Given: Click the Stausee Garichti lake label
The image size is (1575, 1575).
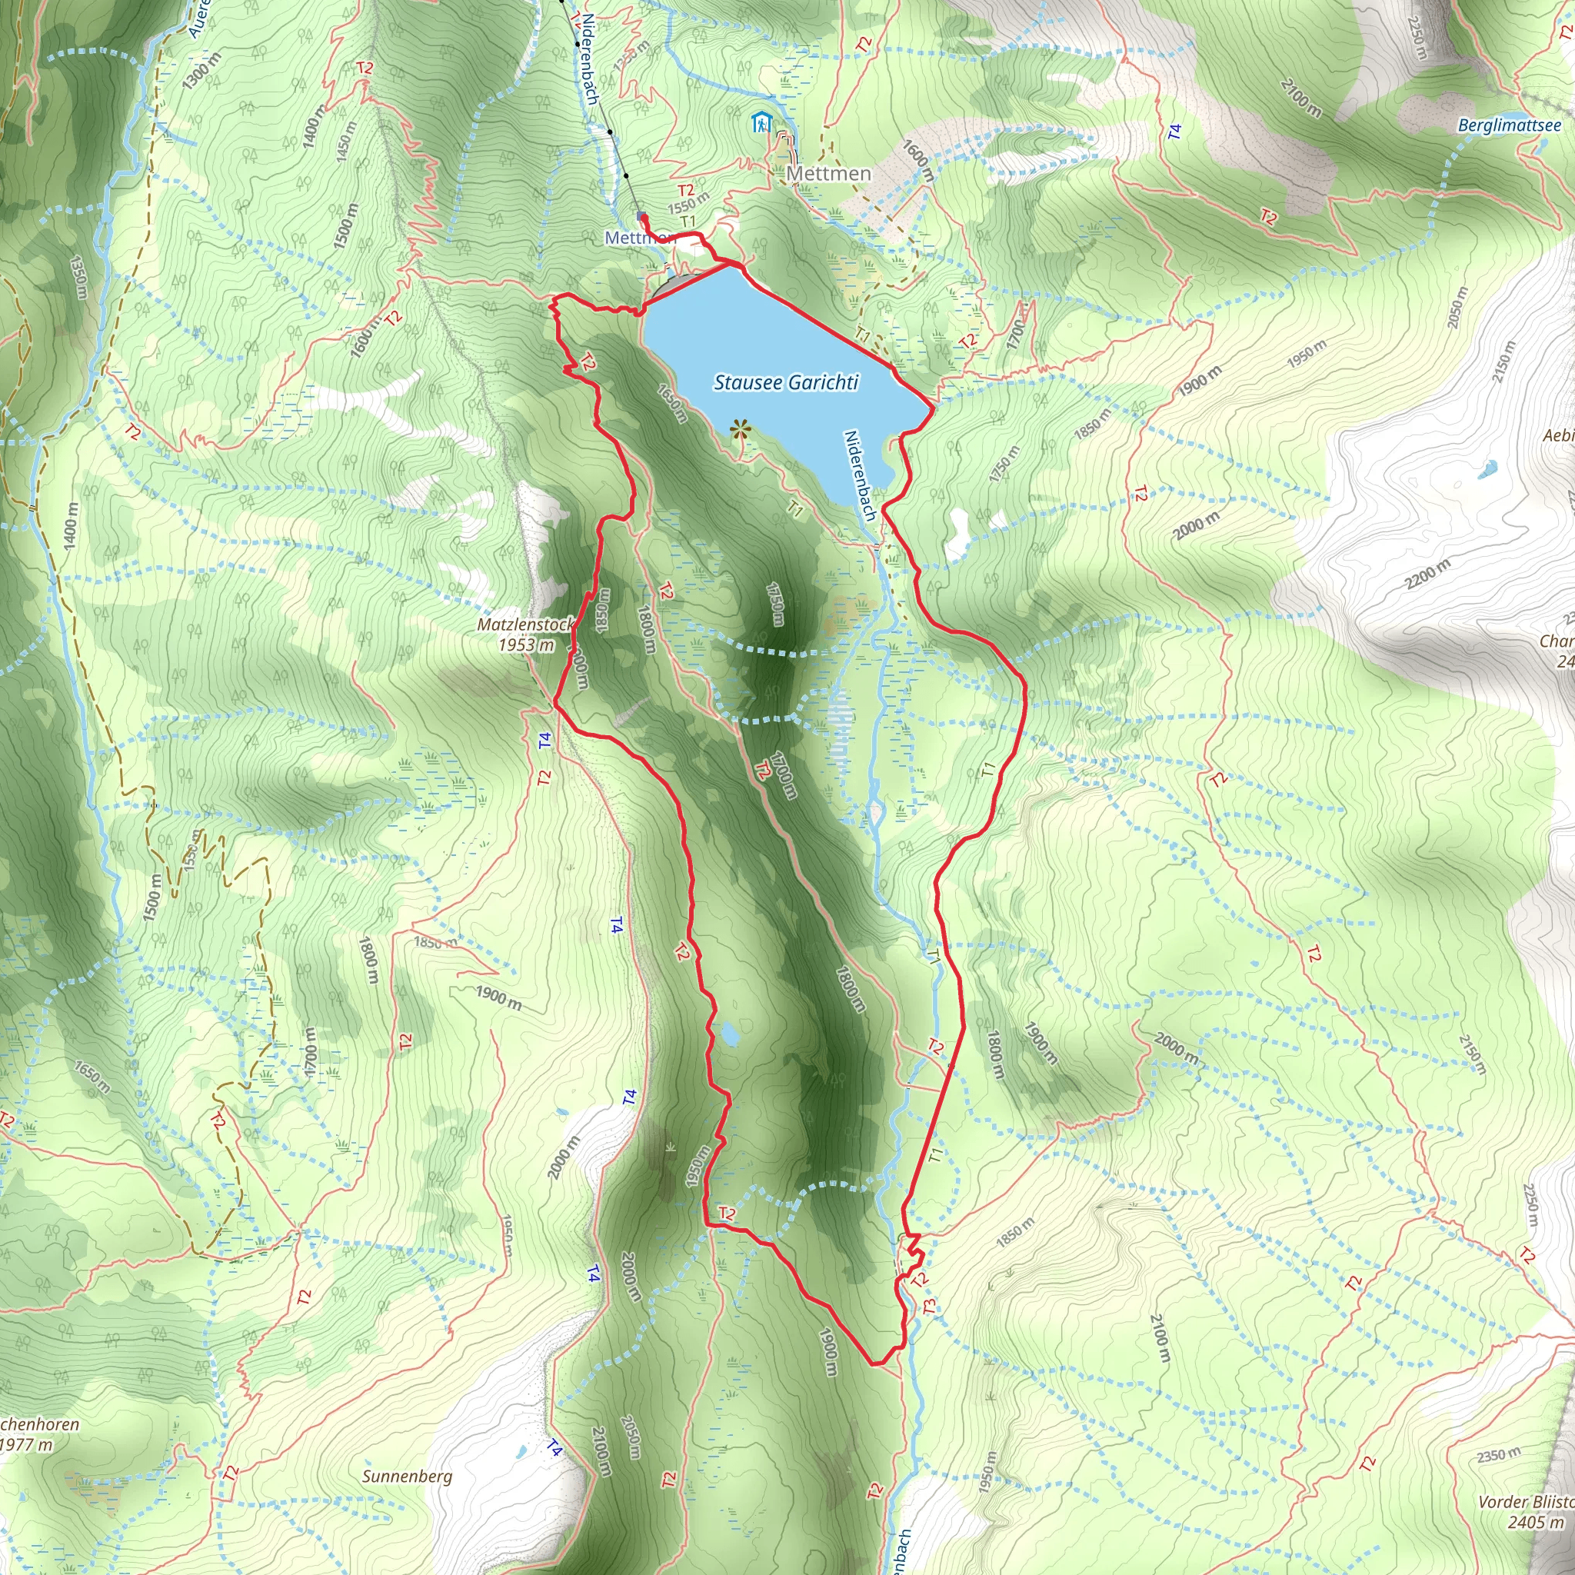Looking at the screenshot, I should coord(786,382).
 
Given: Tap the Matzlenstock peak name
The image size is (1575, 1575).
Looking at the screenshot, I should coord(525,625).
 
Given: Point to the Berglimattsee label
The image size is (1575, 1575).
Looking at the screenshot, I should coord(1509,125).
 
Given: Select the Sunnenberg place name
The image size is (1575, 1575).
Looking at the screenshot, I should coord(407,1477).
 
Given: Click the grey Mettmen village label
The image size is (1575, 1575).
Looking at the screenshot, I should coord(828,174).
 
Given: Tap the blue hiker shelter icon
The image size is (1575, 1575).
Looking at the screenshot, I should coord(761,123).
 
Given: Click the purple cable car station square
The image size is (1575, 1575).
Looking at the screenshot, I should coord(641,216).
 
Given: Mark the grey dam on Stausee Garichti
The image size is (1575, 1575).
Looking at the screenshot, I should coord(671,285).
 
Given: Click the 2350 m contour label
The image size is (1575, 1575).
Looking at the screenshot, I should coord(1498,1455).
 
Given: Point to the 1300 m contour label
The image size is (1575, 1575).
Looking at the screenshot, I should coord(202,70).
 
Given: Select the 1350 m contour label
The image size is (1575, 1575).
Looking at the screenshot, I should coord(78,277).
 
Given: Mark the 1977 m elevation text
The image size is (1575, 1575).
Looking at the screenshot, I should coord(26,1445).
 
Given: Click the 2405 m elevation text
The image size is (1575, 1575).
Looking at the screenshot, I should coord(1536,1522).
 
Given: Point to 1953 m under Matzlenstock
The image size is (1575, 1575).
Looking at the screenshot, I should coord(527,644).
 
